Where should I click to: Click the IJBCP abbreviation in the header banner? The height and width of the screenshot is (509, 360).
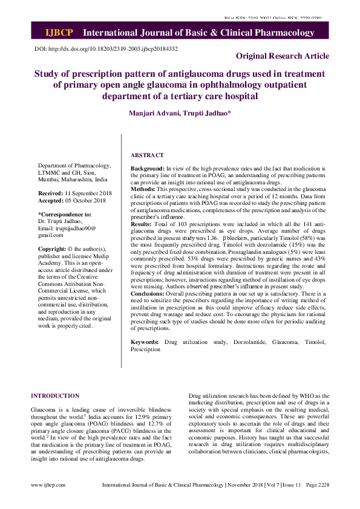tap(60, 32)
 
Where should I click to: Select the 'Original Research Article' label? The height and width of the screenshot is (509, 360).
tap(283, 56)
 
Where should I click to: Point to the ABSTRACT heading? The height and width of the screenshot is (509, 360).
tap(147, 155)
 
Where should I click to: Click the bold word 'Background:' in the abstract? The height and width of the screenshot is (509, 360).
tap(148, 167)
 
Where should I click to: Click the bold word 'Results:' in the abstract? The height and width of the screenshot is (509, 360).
tap(143, 224)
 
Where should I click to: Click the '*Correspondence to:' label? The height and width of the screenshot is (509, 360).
tap(65, 214)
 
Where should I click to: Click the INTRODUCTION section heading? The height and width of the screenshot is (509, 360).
tap(55, 396)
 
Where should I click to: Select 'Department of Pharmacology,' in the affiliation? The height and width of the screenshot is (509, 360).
tap(74, 165)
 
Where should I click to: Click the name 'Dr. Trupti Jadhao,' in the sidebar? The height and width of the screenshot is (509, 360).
tap(61, 221)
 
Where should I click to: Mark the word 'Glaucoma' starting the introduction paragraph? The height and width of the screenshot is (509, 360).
tap(44, 410)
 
